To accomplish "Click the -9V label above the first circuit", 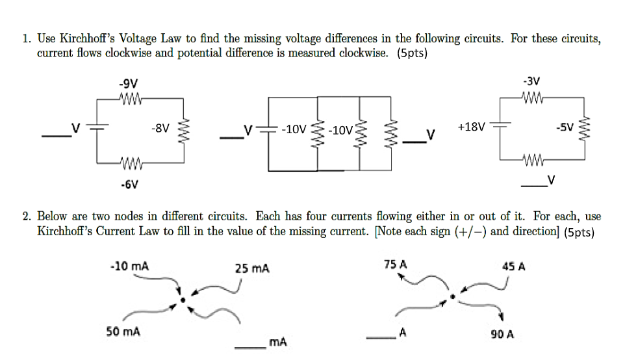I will click(x=127, y=84).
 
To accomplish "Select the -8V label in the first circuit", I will click(x=160, y=128).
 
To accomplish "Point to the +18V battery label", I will click(x=471, y=127).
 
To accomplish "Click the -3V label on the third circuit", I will click(x=531, y=82).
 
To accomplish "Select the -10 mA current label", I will click(x=130, y=266).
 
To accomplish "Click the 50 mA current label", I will click(x=123, y=331).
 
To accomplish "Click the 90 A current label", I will click(x=502, y=335).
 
